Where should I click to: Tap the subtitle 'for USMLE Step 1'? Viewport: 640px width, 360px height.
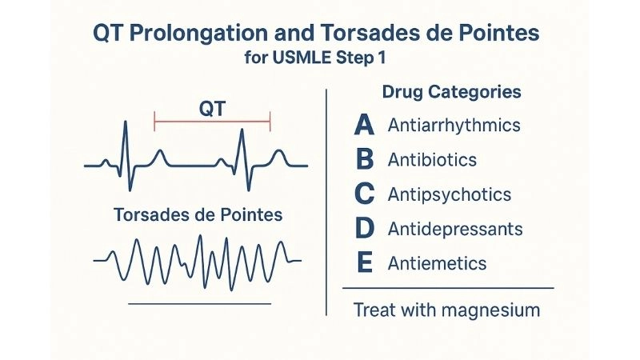(320, 58)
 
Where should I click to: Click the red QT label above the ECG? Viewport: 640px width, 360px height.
(212, 108)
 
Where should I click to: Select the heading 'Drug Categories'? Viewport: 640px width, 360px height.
(451, 92)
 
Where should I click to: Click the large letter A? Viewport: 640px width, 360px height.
(364, 126)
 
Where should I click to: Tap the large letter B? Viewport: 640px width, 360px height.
(364, 160)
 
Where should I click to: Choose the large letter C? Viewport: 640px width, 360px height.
(364, 194)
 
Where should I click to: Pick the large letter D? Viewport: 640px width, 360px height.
(364, 229)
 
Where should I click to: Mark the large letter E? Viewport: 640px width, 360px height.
(364, 262)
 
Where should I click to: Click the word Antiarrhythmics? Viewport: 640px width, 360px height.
(454, 126)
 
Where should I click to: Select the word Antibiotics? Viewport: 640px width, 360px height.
(432, 160)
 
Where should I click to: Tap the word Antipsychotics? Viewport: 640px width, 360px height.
(449, 194)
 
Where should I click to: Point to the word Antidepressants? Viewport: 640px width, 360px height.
(454, 230)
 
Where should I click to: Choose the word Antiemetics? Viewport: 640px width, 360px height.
(437, 263)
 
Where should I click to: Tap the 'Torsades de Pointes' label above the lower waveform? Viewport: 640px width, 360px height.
(198, 216)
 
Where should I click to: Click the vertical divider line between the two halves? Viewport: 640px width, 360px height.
(326, 200)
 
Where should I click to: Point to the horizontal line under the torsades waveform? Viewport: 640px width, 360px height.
(200, 303)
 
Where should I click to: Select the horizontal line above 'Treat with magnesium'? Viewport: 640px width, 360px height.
(447, 287)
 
